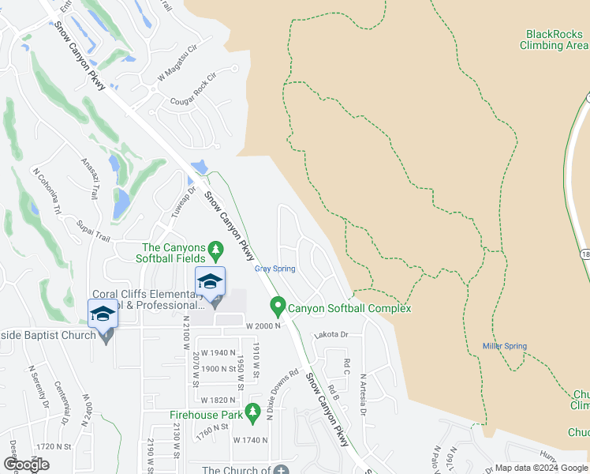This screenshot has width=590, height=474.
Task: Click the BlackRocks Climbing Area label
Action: click(x=555, y=39)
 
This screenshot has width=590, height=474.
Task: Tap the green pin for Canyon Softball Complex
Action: click(x=278, y=305)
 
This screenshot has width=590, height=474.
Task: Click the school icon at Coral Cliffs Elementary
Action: click(x=211, y=284)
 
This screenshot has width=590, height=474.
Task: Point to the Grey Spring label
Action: click(x=274, y=269)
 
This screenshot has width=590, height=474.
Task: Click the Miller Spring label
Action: click(x=505, y=346)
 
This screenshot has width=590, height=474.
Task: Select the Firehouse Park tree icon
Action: click(x=252, y=412)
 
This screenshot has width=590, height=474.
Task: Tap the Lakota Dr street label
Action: click(x=331, y=335)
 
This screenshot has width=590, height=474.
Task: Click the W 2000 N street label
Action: click(x=263, y=326)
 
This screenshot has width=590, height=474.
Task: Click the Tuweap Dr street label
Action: click(x=178, y=204)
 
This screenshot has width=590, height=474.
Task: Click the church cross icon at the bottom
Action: click(x=281, y=468)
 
